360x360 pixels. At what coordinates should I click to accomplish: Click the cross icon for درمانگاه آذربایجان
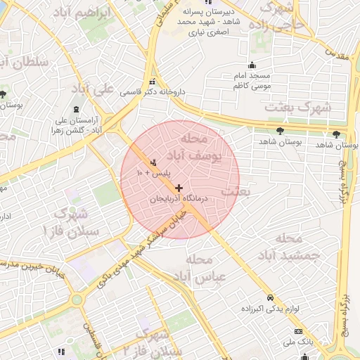179,188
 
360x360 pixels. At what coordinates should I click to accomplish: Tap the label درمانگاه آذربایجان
180,200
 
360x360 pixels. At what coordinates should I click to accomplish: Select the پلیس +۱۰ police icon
154,163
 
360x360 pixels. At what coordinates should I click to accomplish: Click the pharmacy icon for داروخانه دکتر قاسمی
153,82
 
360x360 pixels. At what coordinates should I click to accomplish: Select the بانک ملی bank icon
298,331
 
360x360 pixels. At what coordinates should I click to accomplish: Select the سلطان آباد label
25,63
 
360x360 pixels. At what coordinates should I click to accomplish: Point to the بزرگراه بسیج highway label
345,309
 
